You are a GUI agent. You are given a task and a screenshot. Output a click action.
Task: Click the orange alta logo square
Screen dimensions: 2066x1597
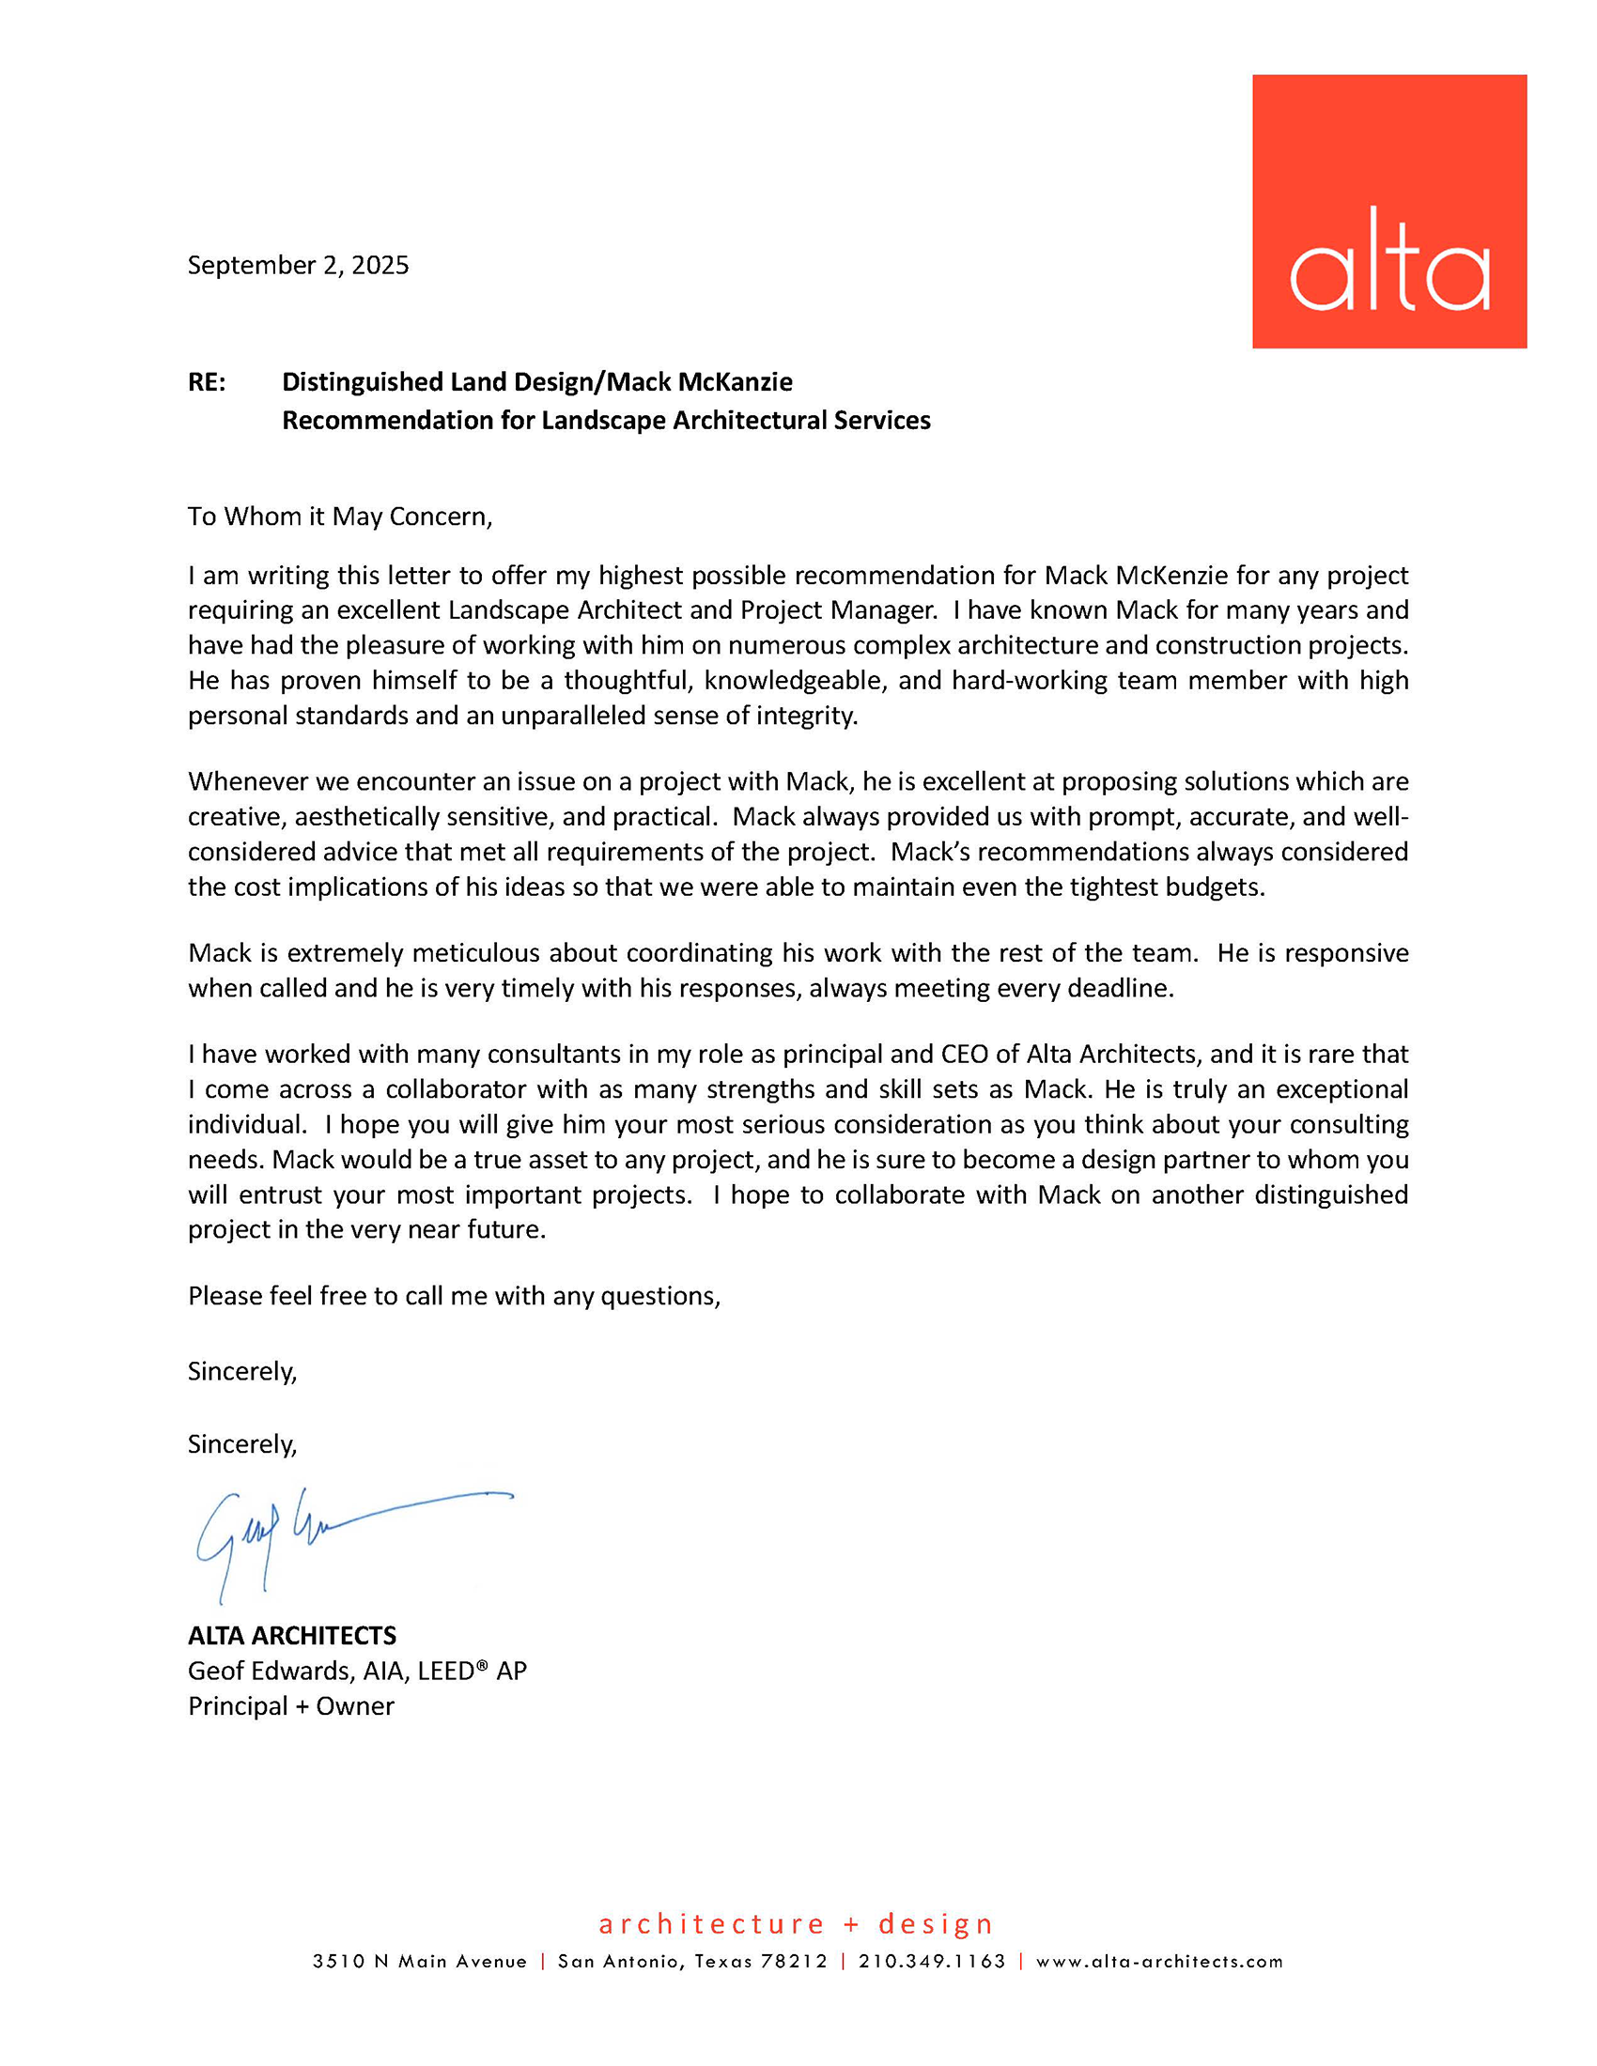point(1388,211)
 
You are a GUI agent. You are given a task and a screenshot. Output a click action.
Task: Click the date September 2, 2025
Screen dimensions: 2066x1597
point(298,265)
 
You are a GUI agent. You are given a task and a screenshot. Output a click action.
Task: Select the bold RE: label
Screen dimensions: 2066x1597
point(207,382)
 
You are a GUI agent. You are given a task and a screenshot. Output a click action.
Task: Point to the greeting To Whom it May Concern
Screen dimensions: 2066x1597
point(340,516)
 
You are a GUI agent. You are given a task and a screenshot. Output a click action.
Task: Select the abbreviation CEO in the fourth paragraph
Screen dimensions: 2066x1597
point(964,1054)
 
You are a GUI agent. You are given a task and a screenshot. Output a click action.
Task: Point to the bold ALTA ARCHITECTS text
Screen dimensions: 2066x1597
point(291,1636)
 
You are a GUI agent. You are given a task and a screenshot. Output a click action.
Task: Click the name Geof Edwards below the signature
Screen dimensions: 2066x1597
point(269,1671)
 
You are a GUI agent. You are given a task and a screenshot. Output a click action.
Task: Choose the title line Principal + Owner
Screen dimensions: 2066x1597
point(290,1705)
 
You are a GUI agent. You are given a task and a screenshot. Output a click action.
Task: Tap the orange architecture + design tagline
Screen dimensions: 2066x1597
point(796,1923)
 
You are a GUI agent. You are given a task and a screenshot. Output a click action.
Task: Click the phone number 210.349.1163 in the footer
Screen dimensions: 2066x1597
point(932,1961)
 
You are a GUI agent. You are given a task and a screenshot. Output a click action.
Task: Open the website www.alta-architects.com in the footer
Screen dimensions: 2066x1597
point(1159,1961)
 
